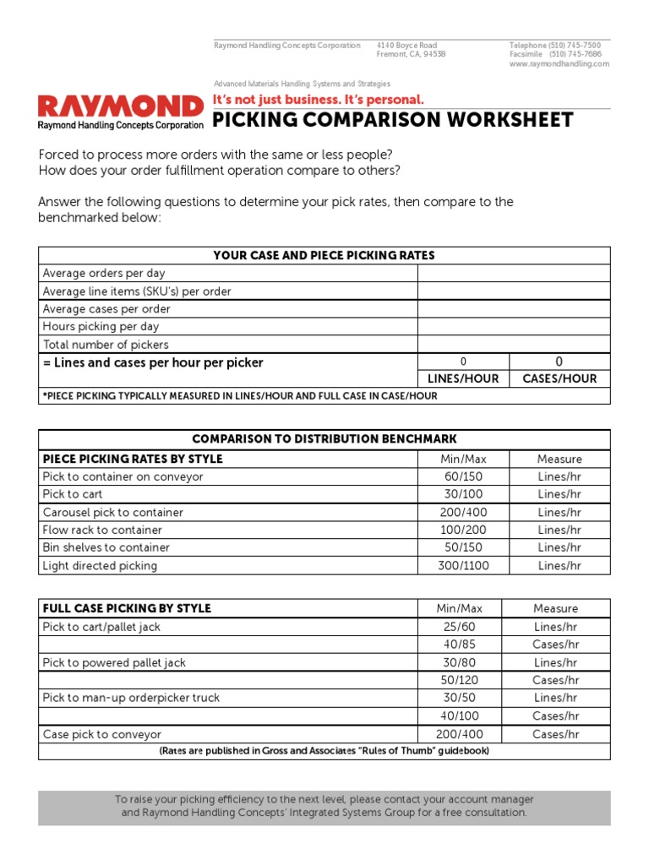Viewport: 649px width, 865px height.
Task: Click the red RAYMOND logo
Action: [121, 106]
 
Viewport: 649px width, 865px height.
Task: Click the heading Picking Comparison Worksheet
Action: [392, 120]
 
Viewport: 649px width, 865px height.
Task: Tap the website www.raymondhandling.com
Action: [559, 64]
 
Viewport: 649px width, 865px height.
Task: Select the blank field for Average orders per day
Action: [513, 273]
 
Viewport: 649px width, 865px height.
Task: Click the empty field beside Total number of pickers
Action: [513, 345]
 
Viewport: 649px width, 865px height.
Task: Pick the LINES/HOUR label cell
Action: [463, 379]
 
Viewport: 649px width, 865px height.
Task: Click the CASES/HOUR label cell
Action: [559, 379]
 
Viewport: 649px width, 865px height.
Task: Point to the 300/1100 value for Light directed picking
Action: [463, 566]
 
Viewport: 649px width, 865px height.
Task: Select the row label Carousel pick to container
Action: [113, 513]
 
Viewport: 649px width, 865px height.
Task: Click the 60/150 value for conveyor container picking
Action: [463, 476]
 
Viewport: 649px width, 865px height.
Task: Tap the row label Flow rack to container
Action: [102, 530]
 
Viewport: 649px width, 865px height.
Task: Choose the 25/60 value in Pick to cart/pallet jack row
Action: [459, 627]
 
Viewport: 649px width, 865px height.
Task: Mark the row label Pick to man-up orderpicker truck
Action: [131, 698]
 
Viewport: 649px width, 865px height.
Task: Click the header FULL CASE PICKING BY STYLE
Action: [127, 608]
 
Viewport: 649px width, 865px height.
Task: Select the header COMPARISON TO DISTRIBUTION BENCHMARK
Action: [324, 439]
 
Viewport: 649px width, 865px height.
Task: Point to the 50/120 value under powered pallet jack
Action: [459, 680]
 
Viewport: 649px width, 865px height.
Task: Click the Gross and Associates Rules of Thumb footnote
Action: [324, 751]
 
